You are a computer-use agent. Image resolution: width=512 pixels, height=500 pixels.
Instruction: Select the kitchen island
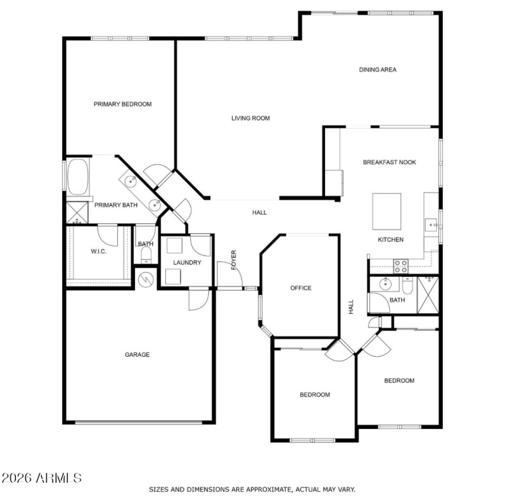(x=387, y=211)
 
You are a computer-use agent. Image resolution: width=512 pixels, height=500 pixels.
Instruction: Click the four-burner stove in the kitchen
(x=401, y=265)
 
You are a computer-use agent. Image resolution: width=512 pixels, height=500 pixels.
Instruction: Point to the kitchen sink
(x=432, y=224)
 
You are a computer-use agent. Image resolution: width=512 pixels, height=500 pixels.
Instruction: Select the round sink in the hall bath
(x=385, y=284)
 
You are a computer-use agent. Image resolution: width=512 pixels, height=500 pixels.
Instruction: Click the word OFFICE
(x=301, y=288)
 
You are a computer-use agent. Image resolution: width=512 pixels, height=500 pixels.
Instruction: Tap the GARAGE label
(x=137, y=354)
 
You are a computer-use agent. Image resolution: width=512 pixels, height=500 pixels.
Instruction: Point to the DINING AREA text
(x=378, y=70)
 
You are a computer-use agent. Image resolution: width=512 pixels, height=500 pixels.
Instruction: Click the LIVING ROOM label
(x=250, y=118)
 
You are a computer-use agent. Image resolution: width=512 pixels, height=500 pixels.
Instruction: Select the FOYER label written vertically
(x=234, y=260)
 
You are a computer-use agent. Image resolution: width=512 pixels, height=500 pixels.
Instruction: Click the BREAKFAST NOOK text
(x=389, y=162)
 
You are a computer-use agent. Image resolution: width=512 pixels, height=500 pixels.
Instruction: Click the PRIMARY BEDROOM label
(x=122, y=104)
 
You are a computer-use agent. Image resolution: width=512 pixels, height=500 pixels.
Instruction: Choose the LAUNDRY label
(x=188, y=262)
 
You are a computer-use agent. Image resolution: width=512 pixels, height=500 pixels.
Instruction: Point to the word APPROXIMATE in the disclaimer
(x=260, y=489)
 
